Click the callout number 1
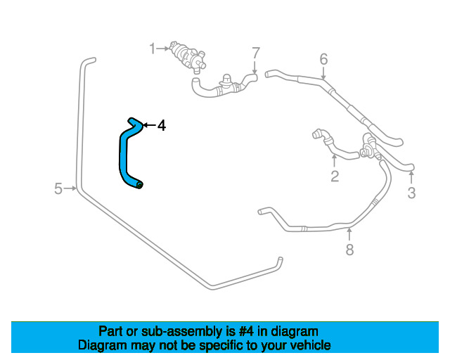(x=152, y=49)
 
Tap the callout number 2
(x=335, y=176)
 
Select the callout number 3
(x=412, y=192)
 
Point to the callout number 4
(x=162, y=126)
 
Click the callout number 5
(x=58, y=188)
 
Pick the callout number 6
(x=323, y=59)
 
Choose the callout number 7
(x=256, y=53)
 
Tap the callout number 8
(x=349, y=250)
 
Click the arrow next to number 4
(x=148, y=126)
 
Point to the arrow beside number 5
(x=71, y=188)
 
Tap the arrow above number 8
(x=349, y=234)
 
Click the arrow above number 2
(x=335, y=160)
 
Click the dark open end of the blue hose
(x=140, y=185)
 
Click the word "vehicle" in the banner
(x=308, y=346)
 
